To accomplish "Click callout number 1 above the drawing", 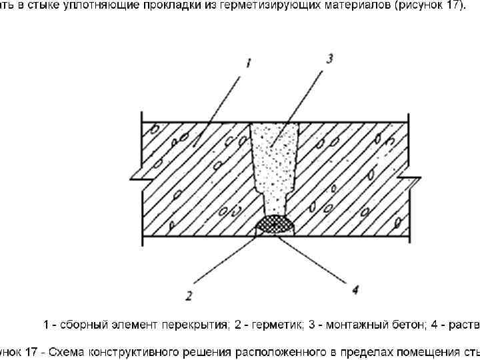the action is coord(247,63).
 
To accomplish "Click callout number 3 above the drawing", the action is coord(329,59).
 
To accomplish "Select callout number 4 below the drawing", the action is coord(355,289).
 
